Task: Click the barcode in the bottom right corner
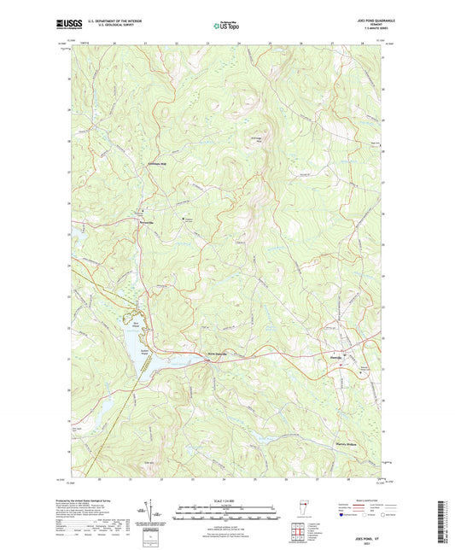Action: (x=445, y=520)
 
